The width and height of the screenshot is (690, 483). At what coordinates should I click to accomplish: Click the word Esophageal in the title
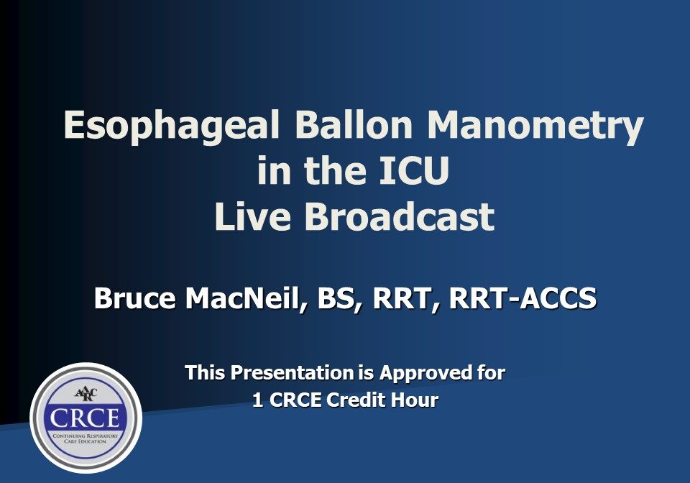(172, 126)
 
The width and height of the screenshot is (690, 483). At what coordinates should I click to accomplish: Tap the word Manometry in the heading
(535, 126)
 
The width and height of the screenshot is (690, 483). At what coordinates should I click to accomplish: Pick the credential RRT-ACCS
(523, 298)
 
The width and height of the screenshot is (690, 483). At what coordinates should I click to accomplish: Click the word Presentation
(293, 372)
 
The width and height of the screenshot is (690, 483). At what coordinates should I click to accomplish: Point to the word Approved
(425, 374)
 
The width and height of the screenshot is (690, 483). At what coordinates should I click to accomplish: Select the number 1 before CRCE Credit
(257, 400)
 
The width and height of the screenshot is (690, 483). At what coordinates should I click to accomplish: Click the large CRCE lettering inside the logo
(85, 418)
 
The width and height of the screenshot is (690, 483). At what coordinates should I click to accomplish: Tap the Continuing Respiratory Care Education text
(85, 438)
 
